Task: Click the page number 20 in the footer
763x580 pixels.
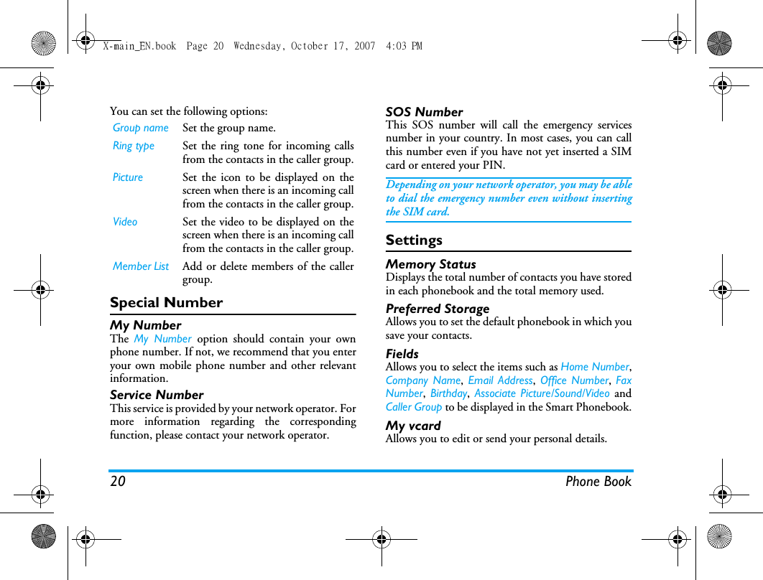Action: click(x=118, y=482)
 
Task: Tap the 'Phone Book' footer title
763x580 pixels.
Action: click(x=598, y=482)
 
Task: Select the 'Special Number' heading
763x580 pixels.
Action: click(x=166, y=303)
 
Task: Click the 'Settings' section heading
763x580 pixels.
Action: click(x=414, y=240)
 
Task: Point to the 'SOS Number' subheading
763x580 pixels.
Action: click(x=424, y=112)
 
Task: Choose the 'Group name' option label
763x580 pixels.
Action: click(x=141, y=128)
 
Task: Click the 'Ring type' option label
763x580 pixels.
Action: click(x=134, y=146)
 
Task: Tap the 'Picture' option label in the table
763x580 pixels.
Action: click(x=128, y=177)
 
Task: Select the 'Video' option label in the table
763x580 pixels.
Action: click(x=125, y=222)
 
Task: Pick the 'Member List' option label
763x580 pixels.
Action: click(x=141, y=266)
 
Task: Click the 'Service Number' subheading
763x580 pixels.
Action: click(x=157, y=395)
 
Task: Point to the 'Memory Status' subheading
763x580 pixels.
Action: click(x=430, y=264)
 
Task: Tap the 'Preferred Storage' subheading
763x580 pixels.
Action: click(x=438, y=309)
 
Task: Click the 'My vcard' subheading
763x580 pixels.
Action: click(x=413, y=426)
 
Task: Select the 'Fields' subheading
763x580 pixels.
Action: click(x=402, y=354)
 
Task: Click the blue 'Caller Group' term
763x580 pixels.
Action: click(x=414, y=407)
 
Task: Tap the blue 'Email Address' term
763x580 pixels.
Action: click(x=500, y=380)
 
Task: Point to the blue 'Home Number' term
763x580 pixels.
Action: click(x=594, y=367)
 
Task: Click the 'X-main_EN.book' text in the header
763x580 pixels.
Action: click(x=139, y=46)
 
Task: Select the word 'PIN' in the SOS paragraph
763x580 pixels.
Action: click(x=494, y=165)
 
